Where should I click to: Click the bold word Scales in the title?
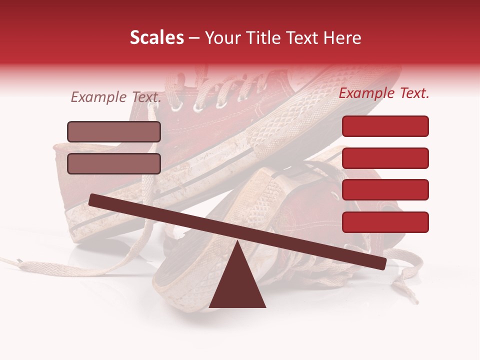pos(156,37)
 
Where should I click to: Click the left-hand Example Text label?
pos(115,97)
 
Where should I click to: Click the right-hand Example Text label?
pos(384,93)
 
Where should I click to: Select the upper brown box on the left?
pos(114,131)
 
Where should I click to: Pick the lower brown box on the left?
pos(114,163)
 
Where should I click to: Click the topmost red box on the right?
pos(385,126)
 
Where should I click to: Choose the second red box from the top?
pos(385,158)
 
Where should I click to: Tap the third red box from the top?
pos(385,189)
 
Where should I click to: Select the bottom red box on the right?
pos(385,222)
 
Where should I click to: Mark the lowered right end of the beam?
pos(382,263)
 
